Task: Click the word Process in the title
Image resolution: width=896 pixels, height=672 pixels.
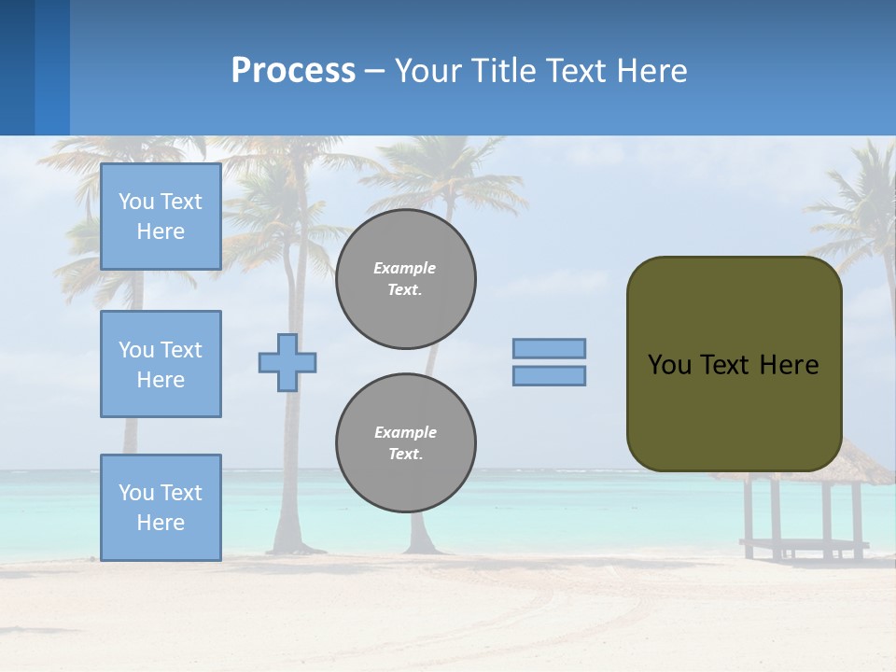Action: (293, 71)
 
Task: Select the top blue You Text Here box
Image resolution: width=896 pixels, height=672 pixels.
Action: (161, 217)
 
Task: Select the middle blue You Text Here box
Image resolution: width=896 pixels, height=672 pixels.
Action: (161, 364)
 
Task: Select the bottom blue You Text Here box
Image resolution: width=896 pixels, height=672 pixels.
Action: (161, 507)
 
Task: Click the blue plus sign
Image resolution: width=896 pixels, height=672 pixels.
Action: (287, 362)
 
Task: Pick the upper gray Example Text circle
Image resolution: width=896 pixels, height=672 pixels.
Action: (405, 279)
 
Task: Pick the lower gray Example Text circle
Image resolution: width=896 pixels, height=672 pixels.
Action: (405, 442)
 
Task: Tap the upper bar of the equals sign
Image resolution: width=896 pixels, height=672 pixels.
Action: (550, 348)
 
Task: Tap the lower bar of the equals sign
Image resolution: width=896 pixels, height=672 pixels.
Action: (550, 375)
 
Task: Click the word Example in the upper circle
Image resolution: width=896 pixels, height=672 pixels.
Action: (405, 268)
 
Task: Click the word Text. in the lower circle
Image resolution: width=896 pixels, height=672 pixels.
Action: (405, 455)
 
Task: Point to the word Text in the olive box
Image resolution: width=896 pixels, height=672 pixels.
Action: (724, 365)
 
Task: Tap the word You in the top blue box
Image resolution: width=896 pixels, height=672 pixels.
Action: (135, 202)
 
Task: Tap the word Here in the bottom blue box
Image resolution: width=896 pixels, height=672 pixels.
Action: (161, 523)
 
